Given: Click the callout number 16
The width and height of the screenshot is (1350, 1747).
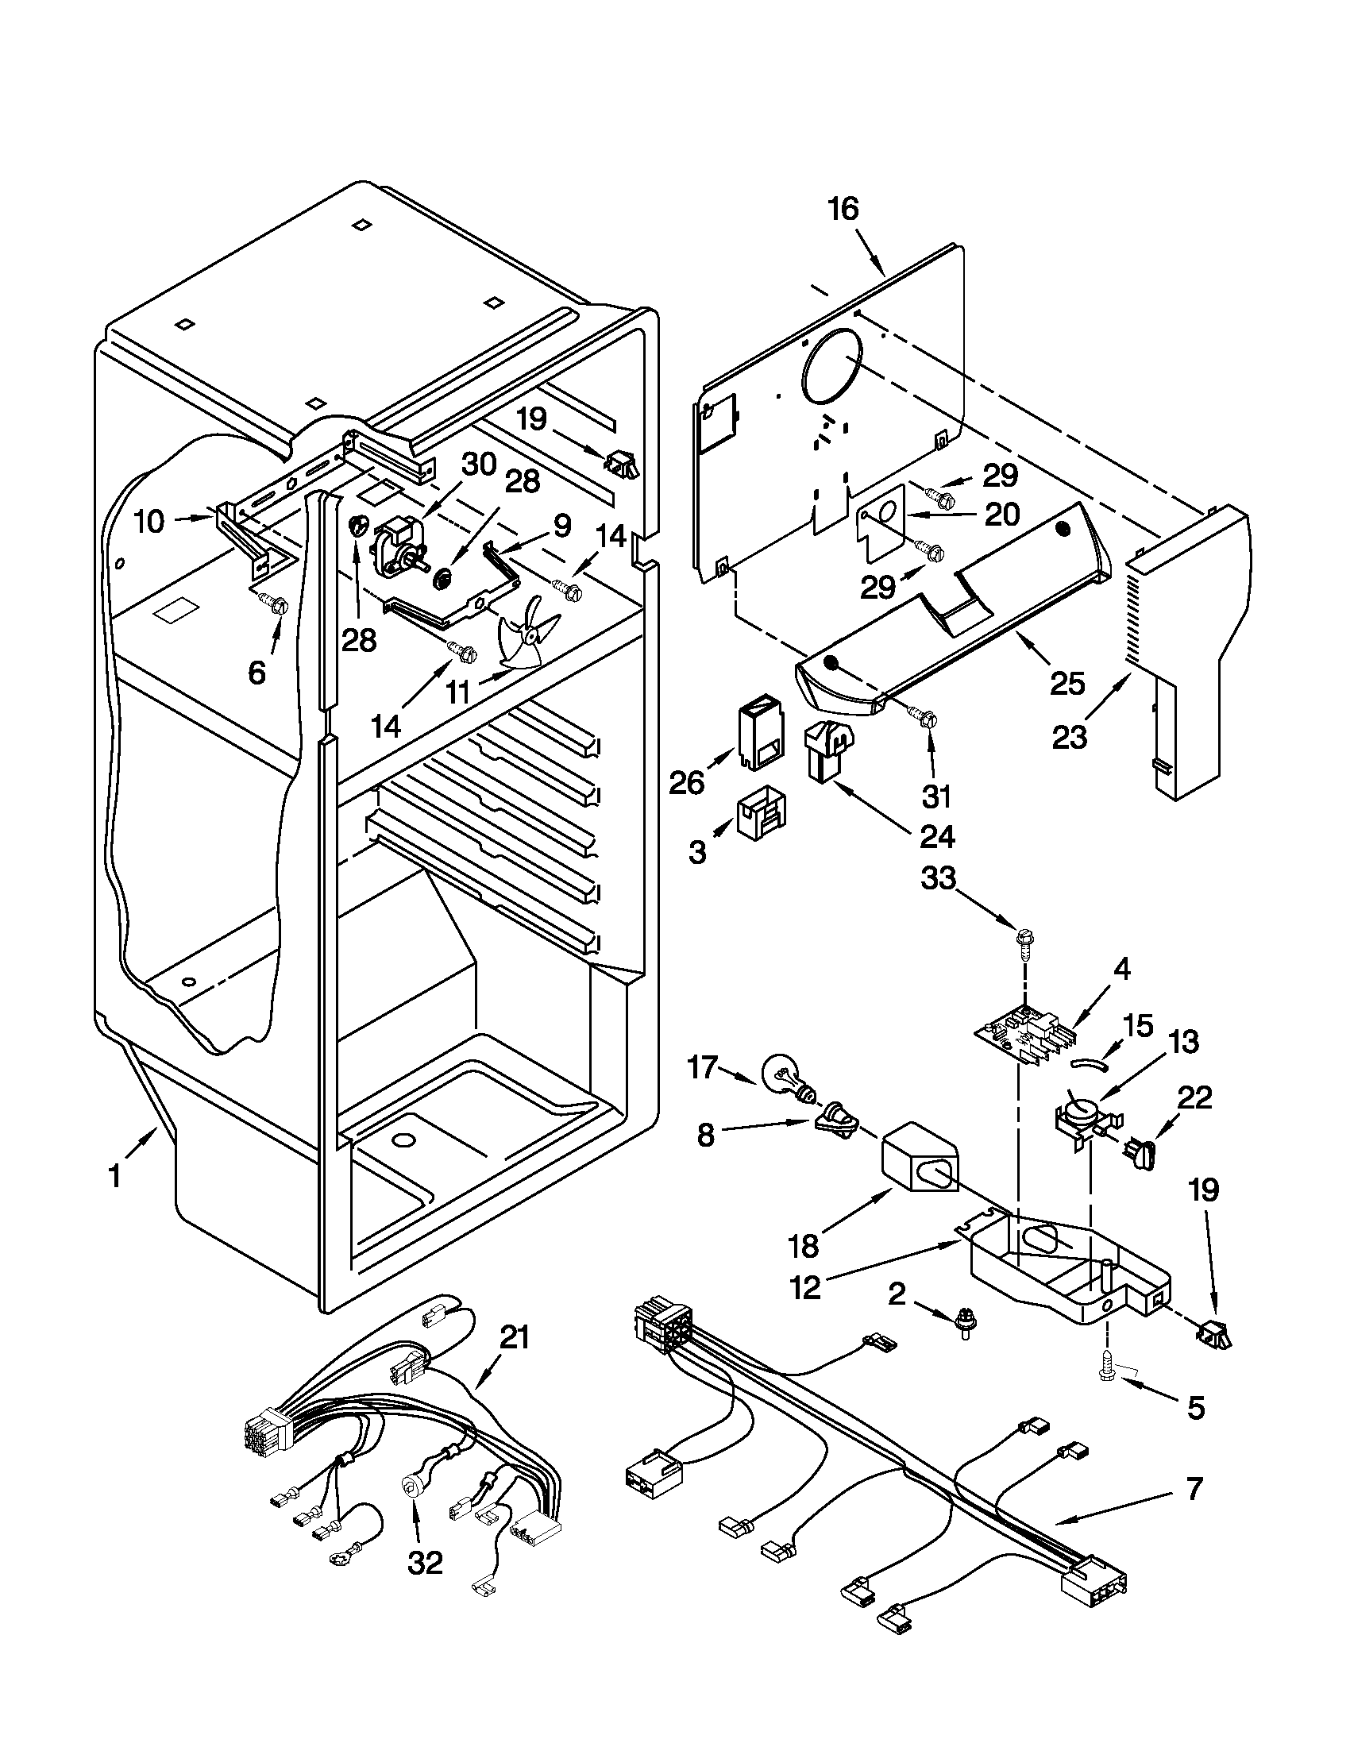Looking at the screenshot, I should point(842,210).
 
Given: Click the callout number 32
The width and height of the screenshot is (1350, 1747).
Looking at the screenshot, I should point(424,1562).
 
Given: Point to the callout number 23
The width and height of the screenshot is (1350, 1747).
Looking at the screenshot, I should point(1070,737).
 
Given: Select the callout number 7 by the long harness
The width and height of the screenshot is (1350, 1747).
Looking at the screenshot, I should point(1193,1490).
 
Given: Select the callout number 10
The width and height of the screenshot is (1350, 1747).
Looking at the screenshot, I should point(149,522).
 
